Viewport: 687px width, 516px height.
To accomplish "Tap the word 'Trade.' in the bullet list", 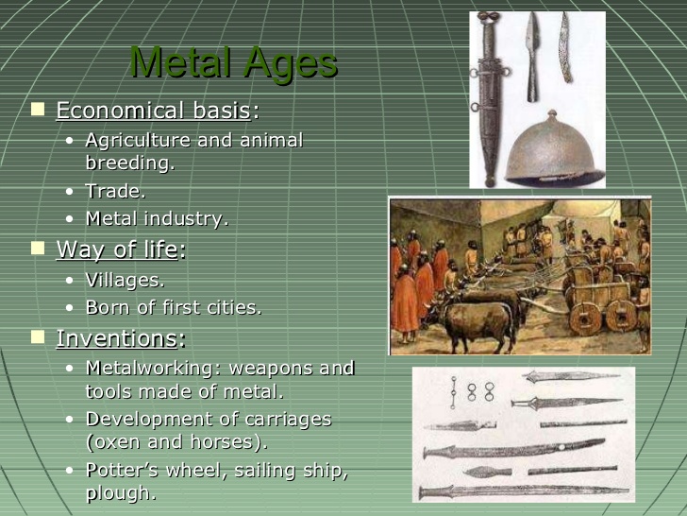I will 115,191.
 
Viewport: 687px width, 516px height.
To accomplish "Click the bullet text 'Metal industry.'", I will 157,218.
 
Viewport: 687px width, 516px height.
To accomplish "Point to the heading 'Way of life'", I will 117,249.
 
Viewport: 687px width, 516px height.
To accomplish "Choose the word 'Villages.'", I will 125,280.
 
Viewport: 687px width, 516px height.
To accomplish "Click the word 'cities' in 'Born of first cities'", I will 231,307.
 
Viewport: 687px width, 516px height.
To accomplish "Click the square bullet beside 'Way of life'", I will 38,249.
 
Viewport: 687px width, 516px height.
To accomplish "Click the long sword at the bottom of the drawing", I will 524,491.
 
